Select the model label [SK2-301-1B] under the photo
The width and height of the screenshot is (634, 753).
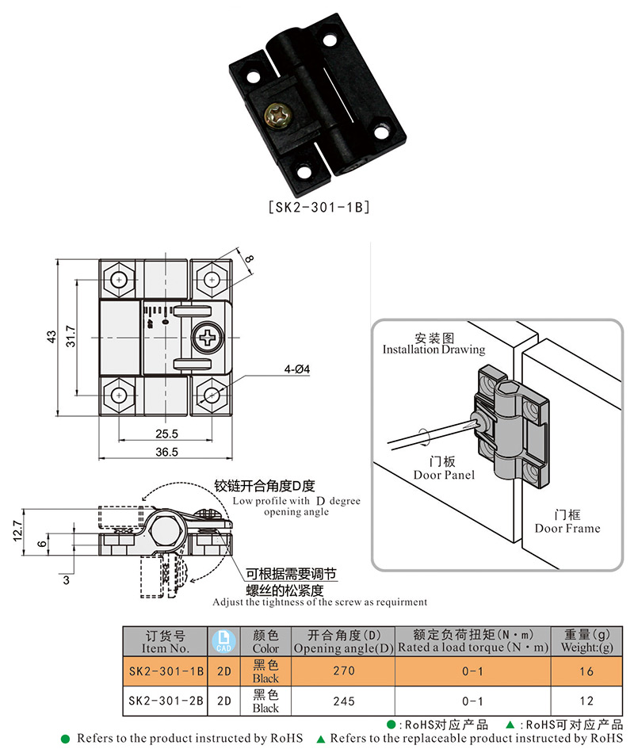(x=316, y=208)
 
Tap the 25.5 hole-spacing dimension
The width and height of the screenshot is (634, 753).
(x=166, y=434)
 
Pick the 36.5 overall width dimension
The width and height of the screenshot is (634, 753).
(x=166, y=452)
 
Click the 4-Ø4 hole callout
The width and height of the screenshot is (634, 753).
(x=297, y=370)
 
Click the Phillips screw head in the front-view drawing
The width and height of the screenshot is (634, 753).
(x=208, y=338)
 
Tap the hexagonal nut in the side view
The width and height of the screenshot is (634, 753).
(x=166, y=526)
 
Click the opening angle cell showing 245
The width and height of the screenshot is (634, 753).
(x=343, y=701)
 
